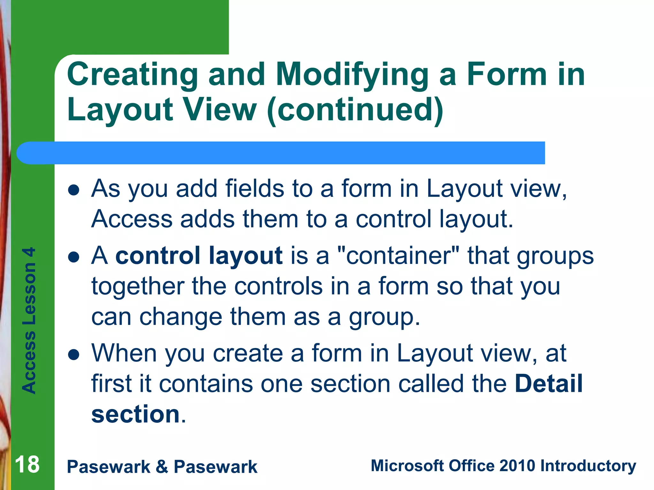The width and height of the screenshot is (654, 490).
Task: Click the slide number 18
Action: click(x=27, y=465)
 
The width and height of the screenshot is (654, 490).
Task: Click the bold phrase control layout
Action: click(x=199, y=256)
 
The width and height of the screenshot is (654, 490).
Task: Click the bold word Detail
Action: click(x=549, y=383)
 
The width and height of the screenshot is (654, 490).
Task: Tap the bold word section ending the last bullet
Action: click(x=135, y=414)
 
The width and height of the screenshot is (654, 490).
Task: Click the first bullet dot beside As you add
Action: click(x=74, y=190)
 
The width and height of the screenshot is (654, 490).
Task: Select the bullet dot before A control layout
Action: click(x=74, y=257)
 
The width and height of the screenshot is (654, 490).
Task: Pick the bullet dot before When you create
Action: click(x=74, y=355)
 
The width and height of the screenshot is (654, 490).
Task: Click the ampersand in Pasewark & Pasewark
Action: click(x=162, y=467)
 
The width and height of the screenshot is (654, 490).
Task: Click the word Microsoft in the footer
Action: click(x=407, y=466)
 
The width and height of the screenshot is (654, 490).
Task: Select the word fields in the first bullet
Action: click(x=255, y=189)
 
